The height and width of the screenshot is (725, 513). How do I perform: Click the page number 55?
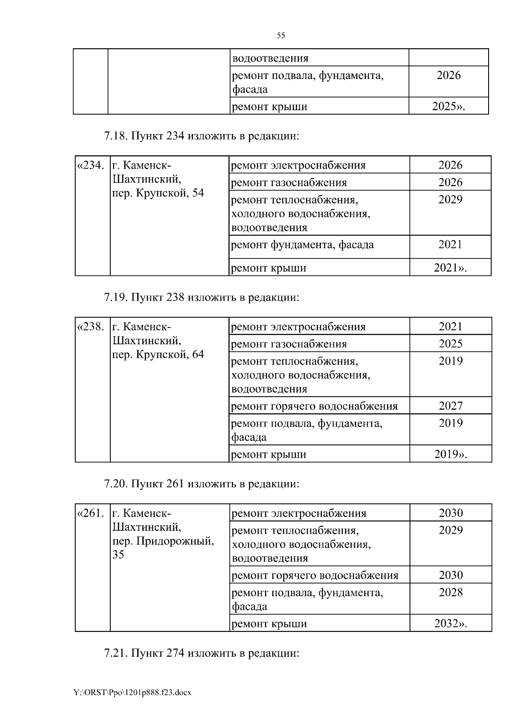coord(281,36)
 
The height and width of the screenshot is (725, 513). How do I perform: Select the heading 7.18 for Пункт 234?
coord(201,136)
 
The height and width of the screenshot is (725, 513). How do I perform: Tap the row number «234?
coord(90,165)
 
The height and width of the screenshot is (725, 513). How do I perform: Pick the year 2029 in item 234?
coord(450,200)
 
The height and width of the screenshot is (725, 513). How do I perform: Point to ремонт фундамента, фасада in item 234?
coord(302,245)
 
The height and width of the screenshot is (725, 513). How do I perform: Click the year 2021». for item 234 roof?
coord(450,268)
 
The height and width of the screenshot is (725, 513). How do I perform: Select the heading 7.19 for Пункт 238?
coord(201,297)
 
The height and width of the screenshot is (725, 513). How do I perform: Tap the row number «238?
coord(90,327)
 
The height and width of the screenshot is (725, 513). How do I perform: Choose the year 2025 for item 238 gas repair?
coord(450,344)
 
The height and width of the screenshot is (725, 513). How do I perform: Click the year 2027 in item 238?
coord(450,406)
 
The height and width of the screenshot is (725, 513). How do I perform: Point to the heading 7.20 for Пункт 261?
coord(201,484)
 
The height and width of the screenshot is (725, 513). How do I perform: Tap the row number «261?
coord(90,513)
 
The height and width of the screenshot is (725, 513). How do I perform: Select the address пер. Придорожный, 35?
coord(162,541)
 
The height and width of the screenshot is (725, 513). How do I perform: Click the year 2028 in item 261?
coord(450,593)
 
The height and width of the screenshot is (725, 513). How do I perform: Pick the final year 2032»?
coord(450,624)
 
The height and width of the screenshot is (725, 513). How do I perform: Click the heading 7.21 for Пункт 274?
coord(201,653)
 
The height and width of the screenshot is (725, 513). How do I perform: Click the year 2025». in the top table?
coord(448,106)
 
